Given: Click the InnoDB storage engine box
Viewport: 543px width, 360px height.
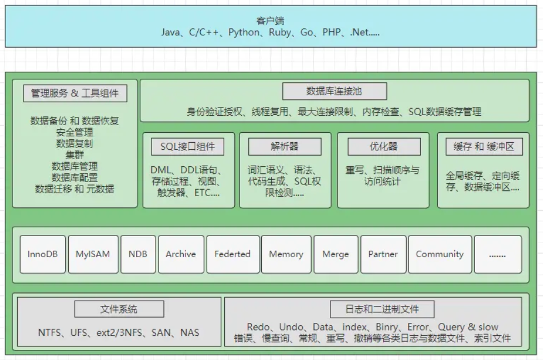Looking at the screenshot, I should [43, 254].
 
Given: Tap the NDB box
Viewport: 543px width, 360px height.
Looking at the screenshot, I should [137, 254].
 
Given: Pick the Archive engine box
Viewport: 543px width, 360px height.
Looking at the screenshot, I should [181, 254].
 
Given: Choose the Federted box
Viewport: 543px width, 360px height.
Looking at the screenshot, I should [232, 254].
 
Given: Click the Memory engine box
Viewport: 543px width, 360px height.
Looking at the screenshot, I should [286, 254].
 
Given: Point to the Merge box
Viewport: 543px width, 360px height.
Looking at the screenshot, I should [335, 254].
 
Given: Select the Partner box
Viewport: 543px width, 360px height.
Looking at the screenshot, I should [383, 254].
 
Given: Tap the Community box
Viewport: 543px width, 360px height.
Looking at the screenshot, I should [439, 254].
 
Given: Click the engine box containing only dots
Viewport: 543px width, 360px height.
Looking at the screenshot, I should [497, 254].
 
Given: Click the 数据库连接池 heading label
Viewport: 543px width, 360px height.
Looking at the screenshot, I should [335, 92].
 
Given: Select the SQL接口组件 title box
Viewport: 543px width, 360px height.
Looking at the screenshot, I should [188, 147].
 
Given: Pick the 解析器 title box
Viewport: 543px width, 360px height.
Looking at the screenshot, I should [285, 147].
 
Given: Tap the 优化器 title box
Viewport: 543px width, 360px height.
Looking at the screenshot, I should [384, 147].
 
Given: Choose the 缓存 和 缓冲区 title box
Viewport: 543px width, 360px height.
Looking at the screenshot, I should [484, 147].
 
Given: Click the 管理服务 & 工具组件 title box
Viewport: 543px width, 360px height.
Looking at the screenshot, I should [75, 93].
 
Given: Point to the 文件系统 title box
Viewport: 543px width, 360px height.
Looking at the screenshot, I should [119, 309].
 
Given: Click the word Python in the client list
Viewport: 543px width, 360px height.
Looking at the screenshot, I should [243, 32].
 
